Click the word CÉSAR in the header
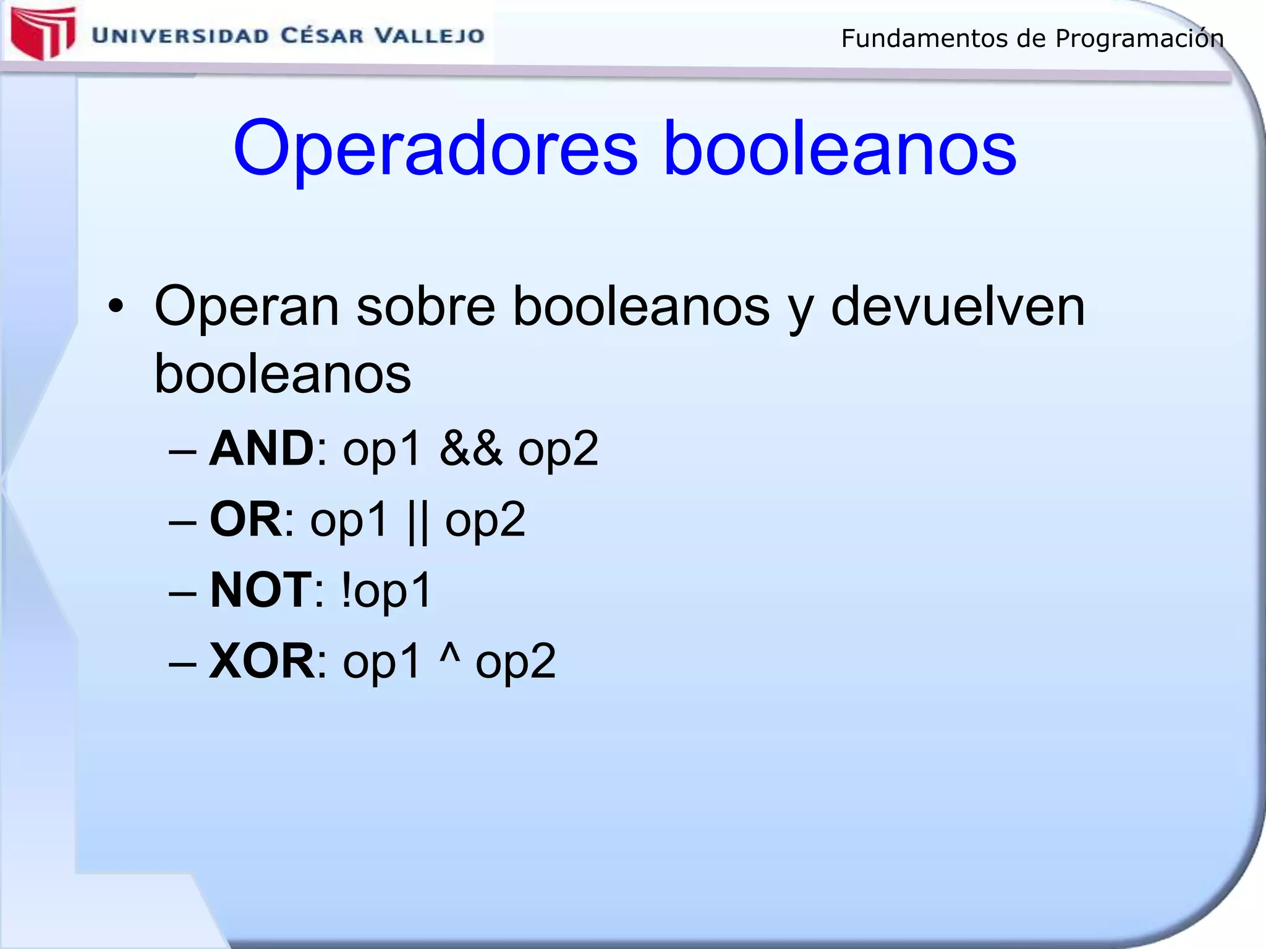[x=322, y=35]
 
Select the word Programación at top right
[x=1139, y=39]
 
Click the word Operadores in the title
[x=435, y=149]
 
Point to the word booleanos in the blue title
[x=839, y=149]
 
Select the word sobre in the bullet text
[x=426, y=306]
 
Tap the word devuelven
[x=958, y=306]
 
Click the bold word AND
[x=262, y=448]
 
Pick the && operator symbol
[x=471, y=448]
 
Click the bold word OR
[x=246, y=519]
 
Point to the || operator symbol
[x=418, y=522]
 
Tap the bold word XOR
[x=262, y=661]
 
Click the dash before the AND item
[x=182, y=452]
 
